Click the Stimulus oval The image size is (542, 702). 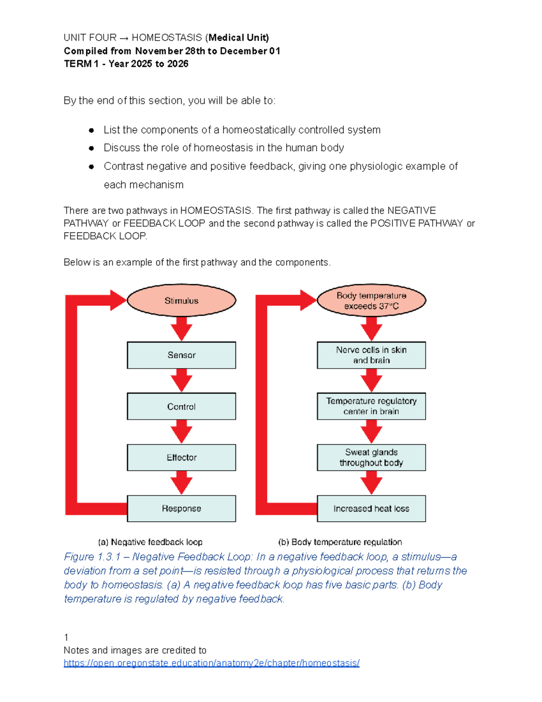(x=181, y=301)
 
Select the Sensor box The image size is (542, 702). (x=181, y=355)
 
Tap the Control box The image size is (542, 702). (x=181, y=406)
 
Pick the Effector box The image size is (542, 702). (x=181, y=457)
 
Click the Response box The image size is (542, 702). (x=181, y=509)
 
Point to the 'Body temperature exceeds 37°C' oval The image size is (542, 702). (x=371, y=301)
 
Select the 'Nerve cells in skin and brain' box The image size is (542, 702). (x=371, y=355)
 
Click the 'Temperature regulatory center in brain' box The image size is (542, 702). (x=371, y=406)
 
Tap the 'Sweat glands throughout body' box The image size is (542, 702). (x=371, y=457)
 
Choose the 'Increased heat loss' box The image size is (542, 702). (x=371, y=509)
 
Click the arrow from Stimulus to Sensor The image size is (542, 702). (x=182, y=329)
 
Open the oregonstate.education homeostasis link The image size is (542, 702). (x=211, y=663)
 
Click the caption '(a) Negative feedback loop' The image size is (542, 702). (x=150, y=542)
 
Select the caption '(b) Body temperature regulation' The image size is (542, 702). (x=340, y=542)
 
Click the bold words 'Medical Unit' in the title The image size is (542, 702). (x=238, y=38)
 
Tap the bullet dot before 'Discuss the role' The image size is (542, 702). (x=91, y=148)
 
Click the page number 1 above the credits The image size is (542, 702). (x=66, y=637)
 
